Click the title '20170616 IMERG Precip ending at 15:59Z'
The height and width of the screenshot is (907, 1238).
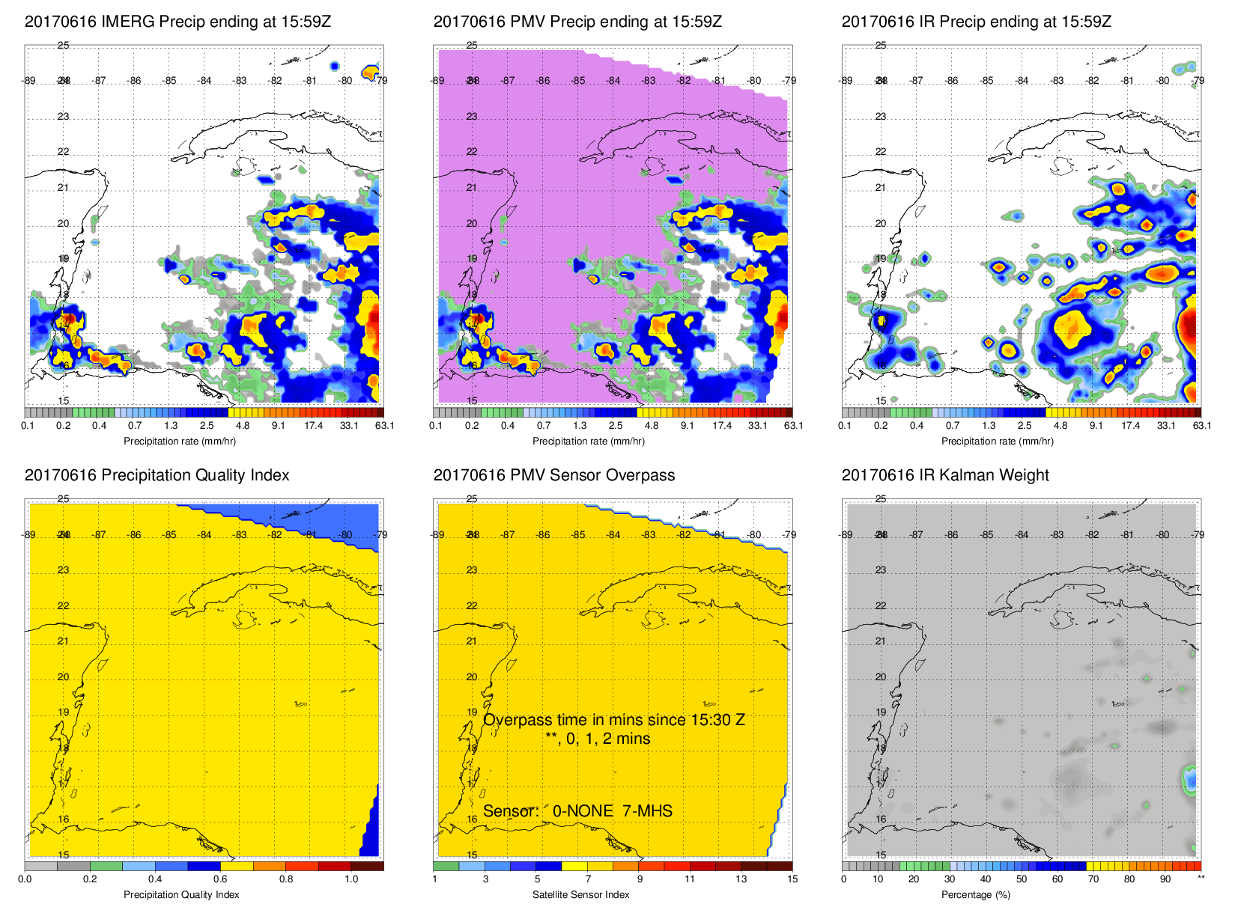click(177, 22)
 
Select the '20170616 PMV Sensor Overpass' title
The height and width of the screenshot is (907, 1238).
click(553, 475)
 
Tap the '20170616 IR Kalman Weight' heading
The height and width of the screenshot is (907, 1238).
click(945, 475)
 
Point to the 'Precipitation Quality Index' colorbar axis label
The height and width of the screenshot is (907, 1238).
click(181, 894)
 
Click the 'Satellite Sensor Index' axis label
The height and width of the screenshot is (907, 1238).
click(580, 894)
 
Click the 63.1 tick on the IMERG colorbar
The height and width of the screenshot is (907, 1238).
click(384, 426)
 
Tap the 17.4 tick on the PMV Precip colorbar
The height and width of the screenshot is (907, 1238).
click(722, 426)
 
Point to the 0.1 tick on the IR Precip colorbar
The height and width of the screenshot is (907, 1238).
click(845, 426)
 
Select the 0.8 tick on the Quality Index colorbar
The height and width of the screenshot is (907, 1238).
click(286, 879)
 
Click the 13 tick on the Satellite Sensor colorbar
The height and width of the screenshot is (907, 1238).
click(741, 879)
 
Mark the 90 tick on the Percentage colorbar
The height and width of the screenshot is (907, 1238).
click(1165, 879)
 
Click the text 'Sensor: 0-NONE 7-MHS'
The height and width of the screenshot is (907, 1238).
click(577, 811)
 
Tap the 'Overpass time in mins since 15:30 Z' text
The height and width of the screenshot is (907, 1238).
click(613, 720)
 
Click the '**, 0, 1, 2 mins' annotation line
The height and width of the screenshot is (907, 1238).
click(598, 739)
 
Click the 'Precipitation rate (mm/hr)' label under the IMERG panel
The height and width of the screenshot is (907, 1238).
click(180, 441)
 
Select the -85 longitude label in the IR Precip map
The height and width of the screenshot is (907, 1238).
click(986, 81)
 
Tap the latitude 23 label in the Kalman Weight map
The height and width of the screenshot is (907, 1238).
click(881, 570)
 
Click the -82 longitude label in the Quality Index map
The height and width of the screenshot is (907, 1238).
click(276, 535)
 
